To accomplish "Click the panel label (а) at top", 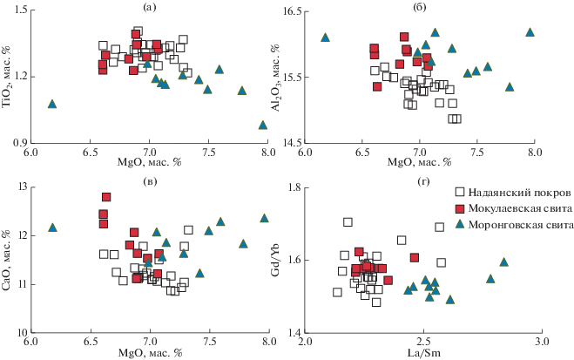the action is click(149, 8).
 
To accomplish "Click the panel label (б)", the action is click(420, 8).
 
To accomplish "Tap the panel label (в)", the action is click(150, 181).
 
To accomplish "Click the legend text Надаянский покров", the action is click(519, 193).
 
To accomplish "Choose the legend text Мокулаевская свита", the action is click(520, 208).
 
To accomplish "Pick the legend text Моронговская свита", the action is click(521, 225).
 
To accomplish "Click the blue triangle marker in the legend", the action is click(460, 224).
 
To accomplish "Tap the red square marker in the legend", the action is click(460, 208).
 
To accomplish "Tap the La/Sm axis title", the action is click(424, 353).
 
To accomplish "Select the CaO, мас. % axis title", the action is click(7, 261).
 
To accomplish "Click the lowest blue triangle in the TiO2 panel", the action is click(262, 125).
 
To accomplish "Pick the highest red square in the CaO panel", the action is click(106, 197).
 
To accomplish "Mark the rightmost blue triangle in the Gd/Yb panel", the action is click(504, 262).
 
